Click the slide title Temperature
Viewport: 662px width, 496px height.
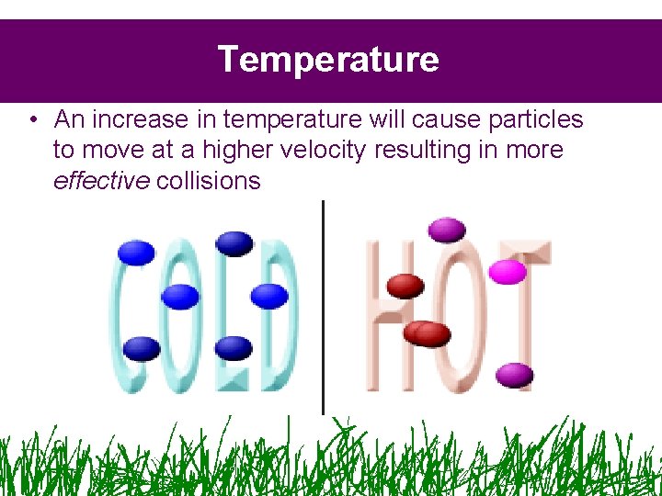pos(328,60)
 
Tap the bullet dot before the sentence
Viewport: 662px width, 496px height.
pos(32,119)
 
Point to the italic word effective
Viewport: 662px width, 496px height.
pos(101,180)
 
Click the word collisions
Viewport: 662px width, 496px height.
pos(209,180)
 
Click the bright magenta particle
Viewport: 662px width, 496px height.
pos(508,272)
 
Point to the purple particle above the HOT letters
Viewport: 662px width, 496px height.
pos(447,228)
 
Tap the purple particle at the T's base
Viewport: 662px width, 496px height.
pos(515,374)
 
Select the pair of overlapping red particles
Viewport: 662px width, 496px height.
pos(428,333)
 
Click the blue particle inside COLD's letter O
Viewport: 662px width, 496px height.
pos(180,296)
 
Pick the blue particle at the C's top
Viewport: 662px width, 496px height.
pos(137,252)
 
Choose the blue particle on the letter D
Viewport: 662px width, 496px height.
pos(269,296)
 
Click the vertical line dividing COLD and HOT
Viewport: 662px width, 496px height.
pos(323,308)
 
